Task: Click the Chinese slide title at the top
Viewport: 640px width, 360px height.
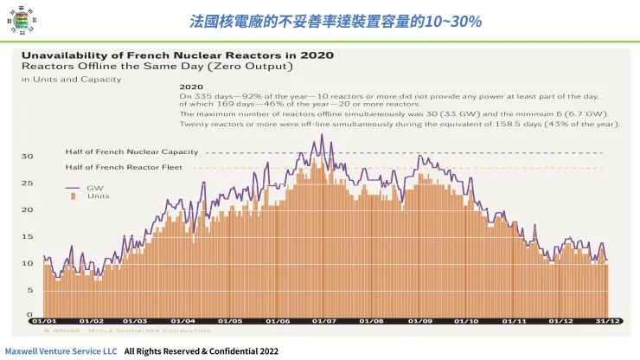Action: point(336,19)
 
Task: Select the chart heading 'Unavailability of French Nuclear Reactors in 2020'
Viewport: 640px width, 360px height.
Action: point(177,55)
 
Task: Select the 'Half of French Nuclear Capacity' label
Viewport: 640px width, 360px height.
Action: point(131,152)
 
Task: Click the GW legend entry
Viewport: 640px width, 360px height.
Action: point(88,187)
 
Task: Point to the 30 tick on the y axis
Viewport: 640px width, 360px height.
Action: point(27,157)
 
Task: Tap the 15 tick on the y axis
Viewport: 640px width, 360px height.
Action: point(27,236)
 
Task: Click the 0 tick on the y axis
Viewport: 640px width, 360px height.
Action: point(29,316)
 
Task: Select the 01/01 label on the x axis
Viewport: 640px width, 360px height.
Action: point(44,321)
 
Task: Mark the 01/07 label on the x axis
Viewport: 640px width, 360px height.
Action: point(324,321)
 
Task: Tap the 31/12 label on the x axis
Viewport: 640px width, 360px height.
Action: point(608,321)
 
